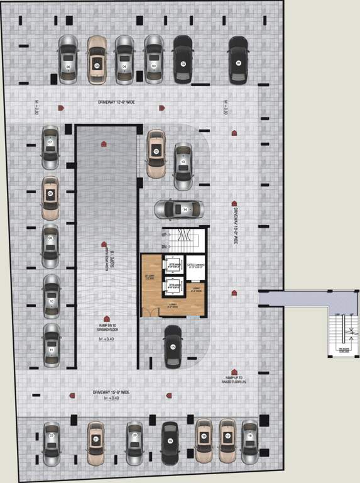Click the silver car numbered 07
(x=50, y=147)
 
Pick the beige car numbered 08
(x=50, y=197)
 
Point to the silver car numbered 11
(x=51, y=345)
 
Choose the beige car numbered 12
(x=156, y=153)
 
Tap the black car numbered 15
(x=173, y=347)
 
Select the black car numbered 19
(x=170, y=442)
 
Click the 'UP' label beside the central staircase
(x=164, y=235)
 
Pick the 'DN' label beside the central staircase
(x=164, y=247)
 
